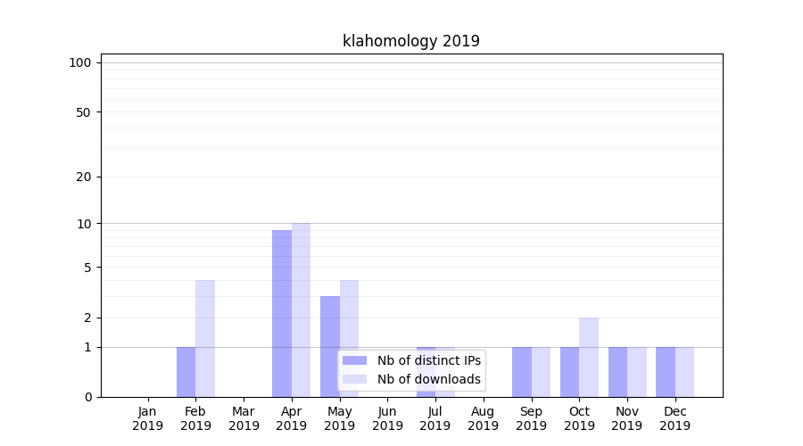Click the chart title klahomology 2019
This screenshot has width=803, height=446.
point(411,41)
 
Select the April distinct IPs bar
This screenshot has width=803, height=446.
point(282,313)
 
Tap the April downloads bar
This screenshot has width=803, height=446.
point(301,310)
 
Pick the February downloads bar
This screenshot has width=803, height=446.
point(205,338)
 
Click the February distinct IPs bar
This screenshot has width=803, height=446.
point(186,371)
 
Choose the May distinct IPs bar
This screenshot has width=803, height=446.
point(330,346)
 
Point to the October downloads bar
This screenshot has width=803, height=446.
point(589,357)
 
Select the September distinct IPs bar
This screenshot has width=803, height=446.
point(522,371)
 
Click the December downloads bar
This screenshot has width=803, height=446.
point(684,371)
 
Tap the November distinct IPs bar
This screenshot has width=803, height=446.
point(617,371)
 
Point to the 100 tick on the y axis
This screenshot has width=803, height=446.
point(80,62)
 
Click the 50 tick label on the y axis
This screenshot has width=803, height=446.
point(83,112)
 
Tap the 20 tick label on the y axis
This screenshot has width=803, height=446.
point(83,177)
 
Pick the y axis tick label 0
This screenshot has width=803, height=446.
point(87,397)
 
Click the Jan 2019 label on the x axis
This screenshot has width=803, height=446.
point(148,418)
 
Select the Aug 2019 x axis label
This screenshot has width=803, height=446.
point(483,418)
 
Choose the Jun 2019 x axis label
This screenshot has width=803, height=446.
point(387,418)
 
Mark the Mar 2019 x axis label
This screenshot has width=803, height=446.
point(244,418)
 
